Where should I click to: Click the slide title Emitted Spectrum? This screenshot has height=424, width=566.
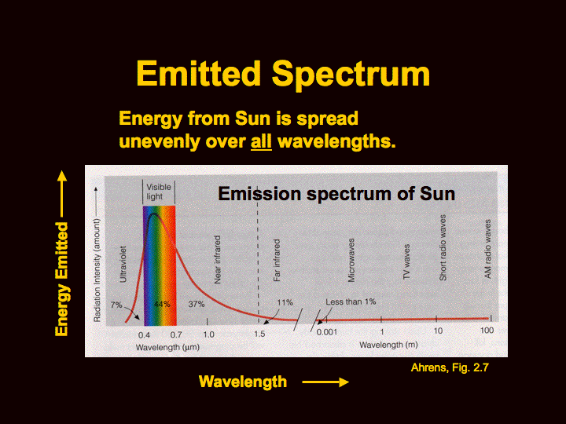click(283, 74)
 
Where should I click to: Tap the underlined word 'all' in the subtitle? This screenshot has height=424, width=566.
click(261, 143)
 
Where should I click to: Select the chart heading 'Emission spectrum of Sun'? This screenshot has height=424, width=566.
click(336, 192)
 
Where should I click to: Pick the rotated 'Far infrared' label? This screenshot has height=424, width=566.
click(277, 261)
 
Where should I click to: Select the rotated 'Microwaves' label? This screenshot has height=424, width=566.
click(351, 260)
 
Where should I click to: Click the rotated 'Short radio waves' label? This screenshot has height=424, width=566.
click(443, 249)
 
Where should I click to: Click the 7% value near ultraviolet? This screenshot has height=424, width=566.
click(116, 305)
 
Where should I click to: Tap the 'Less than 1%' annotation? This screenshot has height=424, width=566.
click(351, 302)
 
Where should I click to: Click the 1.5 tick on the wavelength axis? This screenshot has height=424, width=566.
click(259, 334)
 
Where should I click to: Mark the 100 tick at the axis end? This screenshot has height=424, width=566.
click(487, 331)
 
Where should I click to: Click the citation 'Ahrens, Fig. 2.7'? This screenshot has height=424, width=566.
click(450, 367)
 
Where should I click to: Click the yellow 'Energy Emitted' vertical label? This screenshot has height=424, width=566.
click(61, 279)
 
